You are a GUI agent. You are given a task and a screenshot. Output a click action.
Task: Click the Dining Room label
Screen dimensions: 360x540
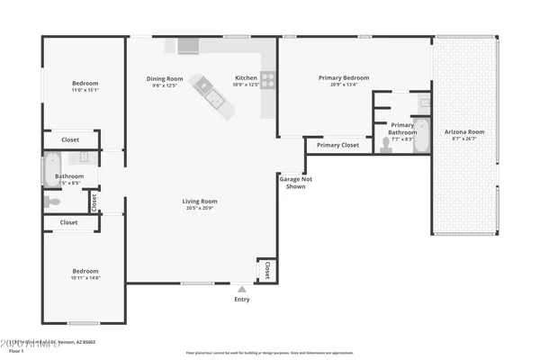coord(165,78)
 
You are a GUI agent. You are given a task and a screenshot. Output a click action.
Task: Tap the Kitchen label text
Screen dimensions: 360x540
coord(246,78)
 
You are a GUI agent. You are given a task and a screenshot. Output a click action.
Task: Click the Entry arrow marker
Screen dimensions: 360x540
coord(242,289)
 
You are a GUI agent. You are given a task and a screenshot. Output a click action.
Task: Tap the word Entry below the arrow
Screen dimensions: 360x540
coord(242,299)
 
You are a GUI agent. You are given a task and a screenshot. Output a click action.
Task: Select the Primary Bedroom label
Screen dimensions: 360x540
coord(343,77)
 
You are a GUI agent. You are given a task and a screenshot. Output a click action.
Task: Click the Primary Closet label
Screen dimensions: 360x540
coord(337,145)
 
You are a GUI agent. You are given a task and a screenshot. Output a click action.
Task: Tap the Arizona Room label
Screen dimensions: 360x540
coord(464,132)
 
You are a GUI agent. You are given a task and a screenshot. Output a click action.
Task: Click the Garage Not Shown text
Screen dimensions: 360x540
coord(291,183)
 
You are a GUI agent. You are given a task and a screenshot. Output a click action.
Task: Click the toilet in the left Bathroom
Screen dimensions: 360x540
coord(52,202)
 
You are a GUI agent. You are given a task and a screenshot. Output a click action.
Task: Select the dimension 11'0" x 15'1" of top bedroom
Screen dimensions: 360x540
coord(85,90)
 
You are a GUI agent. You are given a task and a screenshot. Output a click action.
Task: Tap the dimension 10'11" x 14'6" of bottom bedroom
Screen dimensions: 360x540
coord(85,278)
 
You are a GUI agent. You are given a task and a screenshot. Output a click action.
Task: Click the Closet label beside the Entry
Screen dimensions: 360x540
coord(266,269)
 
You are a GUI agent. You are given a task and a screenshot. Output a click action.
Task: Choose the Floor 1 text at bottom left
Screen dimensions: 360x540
coord(16,351)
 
